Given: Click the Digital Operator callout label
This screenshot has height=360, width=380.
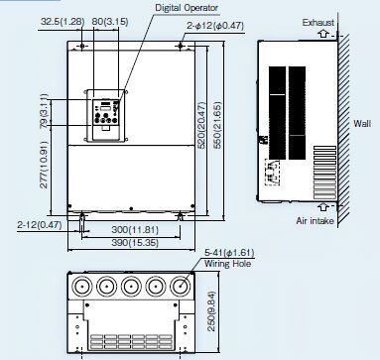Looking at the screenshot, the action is pyautogui.click(x=187, y=8).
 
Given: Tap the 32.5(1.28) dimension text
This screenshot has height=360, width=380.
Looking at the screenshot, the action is pyautogui.click(x=63, y=22).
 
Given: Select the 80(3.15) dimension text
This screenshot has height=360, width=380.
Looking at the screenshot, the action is pyautogui.click(x=110, y=22).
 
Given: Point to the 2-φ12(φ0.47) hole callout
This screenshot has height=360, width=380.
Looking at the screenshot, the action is pyautogui.click(x=215, y=26).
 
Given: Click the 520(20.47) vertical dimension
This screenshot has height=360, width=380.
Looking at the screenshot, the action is pyautogui.click(x=201, y=125).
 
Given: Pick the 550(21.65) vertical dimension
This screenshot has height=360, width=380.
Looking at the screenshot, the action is pyautogui.click(x=216, y=125).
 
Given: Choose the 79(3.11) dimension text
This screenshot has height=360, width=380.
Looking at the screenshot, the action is pyautogui.click(x=44, y=111).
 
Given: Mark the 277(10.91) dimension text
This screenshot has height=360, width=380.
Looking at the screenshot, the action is pyautogui.click(x=44, y=165).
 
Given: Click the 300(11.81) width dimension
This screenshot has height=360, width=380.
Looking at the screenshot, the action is pyautogui.click(x=135, y=229).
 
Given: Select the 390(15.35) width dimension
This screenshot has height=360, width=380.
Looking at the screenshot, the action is pyautogui.click(x=135, y=242).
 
